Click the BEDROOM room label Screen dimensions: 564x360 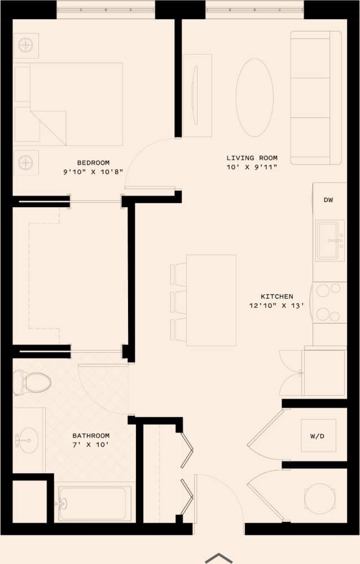click(x=93, y=163)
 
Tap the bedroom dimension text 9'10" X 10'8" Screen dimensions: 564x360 click(x=93, y=173)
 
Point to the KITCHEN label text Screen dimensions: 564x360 click(x=276, y=296)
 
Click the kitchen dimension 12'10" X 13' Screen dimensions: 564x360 click(x=276, y=306)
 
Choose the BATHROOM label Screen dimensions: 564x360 click(x=91, y=436)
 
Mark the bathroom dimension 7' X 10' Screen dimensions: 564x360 click(x=91, y=445)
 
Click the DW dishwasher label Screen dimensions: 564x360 click(x=329, y=200)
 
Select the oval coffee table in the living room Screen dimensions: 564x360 click(x=254, y=97)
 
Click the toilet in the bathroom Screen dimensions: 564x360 click(x=33, y=382)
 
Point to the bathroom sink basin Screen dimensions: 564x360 click(x=27, y=438)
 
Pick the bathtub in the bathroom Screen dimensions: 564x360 click(x=94, y=503)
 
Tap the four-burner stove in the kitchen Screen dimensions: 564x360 click(x=330, y=302)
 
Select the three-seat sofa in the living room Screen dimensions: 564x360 click(x=316, y=97)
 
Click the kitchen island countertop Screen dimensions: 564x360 click(x=211, y=300)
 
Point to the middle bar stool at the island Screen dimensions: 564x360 click(x=179, y=301)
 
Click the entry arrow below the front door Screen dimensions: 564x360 click(x=218, y=558)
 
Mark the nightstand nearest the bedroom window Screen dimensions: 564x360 click(x=26, y=46)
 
